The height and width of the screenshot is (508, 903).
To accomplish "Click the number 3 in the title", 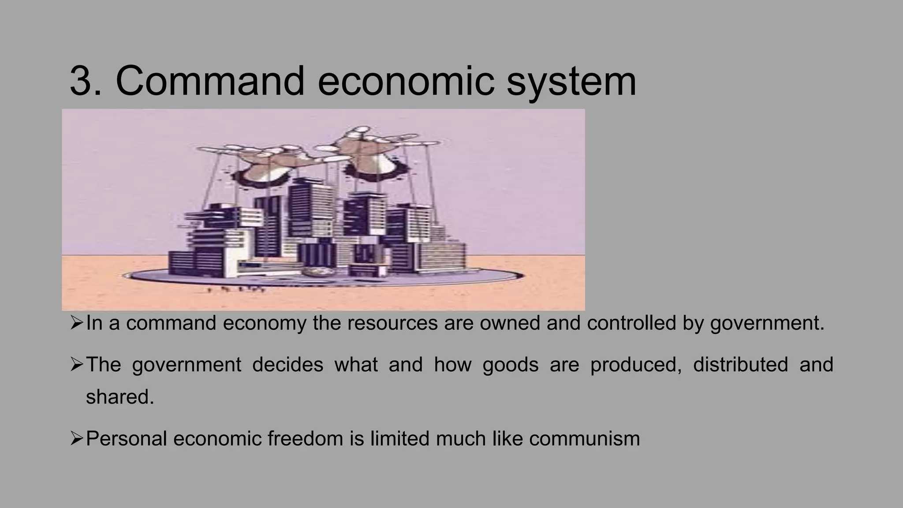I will click(83, 81).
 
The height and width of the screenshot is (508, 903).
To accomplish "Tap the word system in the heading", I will click(571, 82).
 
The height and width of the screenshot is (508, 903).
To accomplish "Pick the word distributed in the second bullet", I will click(740, 365).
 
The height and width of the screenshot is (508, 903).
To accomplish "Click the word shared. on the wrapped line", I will click(120, 397).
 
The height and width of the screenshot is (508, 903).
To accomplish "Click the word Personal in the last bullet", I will click(126, 439).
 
